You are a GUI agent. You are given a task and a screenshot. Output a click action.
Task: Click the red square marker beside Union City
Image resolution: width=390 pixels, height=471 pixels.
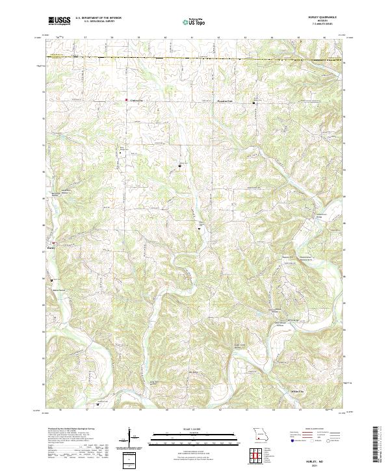tap(126, 100)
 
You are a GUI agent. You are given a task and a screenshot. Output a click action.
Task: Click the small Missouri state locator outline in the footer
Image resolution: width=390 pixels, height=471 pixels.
tap(260, 433)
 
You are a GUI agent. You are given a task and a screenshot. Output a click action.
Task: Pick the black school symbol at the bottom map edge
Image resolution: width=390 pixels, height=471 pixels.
tap(97, 405)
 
